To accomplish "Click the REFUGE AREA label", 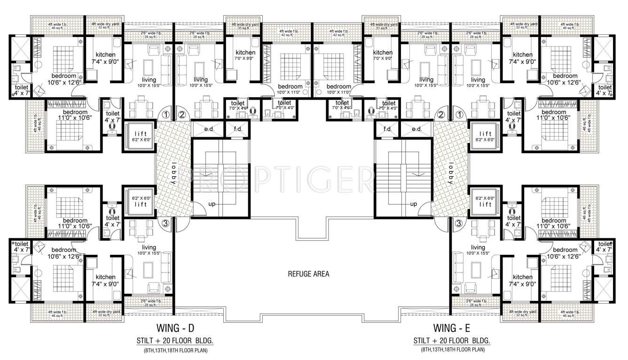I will click(x=308, y=274).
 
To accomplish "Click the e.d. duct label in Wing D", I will click(x=209, y=129).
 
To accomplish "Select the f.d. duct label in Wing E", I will click(x=388, y=129).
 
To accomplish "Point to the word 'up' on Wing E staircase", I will click(x=414, y=204).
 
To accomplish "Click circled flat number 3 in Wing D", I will click(x=165, y=223).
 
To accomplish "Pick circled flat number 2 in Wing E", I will click(x=440, y=114).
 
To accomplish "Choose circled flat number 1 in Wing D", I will click(x=165, y=114).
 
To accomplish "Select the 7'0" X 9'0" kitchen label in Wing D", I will click(x=245, y=55).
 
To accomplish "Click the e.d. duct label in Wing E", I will click(x=416, y=129).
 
